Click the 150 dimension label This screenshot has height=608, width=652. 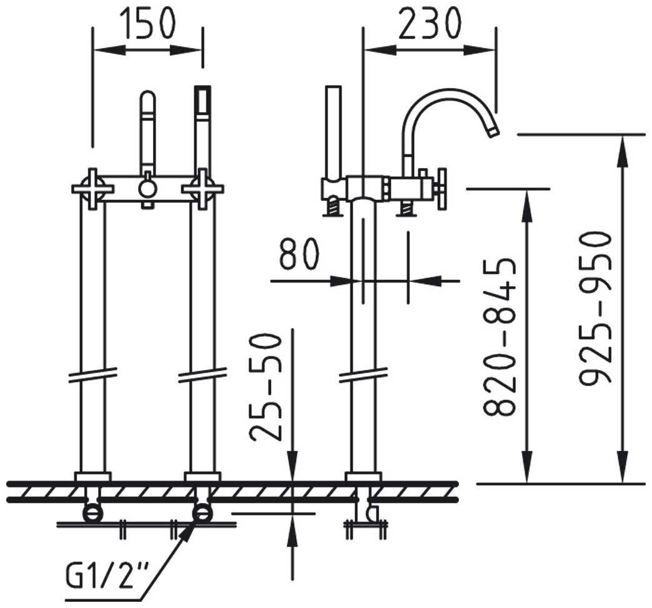(147, 23)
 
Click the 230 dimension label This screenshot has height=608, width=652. (430, 23)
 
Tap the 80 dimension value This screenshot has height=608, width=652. (299, 254)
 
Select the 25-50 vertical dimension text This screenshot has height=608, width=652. (266, 387)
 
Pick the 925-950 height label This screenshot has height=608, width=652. (595, 308)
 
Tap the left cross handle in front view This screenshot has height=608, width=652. (92, 189)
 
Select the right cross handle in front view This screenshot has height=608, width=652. (202, 189)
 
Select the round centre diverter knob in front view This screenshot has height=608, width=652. (147, 189)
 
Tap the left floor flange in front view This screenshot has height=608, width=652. (92, 477)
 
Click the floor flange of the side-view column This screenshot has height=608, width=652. (363, 477)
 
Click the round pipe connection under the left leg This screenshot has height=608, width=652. (92, 512)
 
